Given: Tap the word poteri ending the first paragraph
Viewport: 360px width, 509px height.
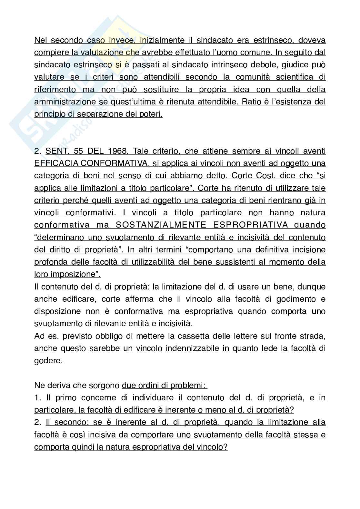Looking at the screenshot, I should [x=151, y=114].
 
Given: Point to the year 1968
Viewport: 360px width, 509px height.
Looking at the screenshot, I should [x=118, y=151].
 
